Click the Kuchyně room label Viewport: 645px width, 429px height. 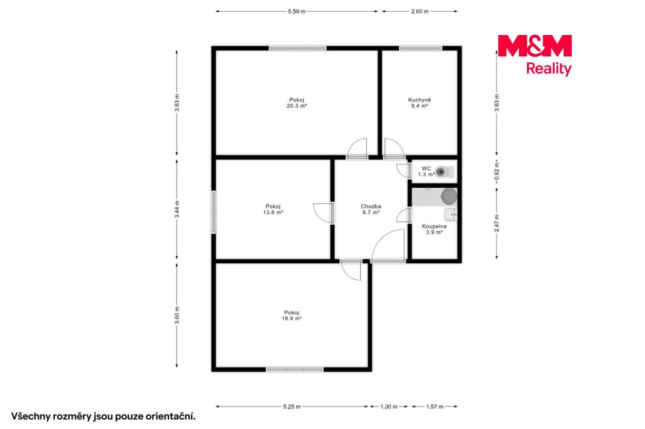(x=419, y=100)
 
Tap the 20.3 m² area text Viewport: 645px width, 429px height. (x=297, y=106)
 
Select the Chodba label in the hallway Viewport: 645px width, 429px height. (x=371, y=207)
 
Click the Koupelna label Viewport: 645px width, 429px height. (x=434, y=226)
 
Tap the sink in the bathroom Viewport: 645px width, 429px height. (x=451, y=214)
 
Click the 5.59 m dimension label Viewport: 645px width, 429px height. (x=297, y=12)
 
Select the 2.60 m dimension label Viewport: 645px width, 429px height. (x=420, y=12)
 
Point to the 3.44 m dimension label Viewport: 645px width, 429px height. (x=177, y=209)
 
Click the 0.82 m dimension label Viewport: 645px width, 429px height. (x=497, y=172)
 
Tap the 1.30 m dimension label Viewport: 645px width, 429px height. (x=389, y=406)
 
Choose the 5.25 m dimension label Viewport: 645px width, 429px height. (x=291, y=406)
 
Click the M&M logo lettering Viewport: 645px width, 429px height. (x=535, y=46)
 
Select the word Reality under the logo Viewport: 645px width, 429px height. (x=549, y=69)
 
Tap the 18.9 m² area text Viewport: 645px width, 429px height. (x=291, y=318)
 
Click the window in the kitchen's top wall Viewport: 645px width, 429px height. (x=421, y=48)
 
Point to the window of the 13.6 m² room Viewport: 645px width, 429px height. (x=213, y=212)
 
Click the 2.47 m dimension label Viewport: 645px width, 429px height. (x=497, y=223)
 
